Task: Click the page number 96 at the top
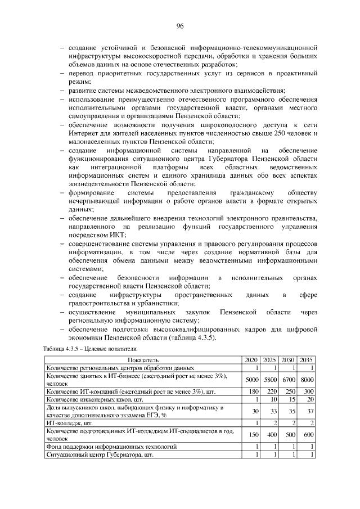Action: point(180,26)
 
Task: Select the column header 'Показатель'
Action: point(143,360)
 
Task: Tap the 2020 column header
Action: point(251,360)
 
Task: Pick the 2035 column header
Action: point(307,360)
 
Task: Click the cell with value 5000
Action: point(251,380)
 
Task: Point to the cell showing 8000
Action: point(307,380)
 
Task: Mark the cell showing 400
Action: point(271,435)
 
